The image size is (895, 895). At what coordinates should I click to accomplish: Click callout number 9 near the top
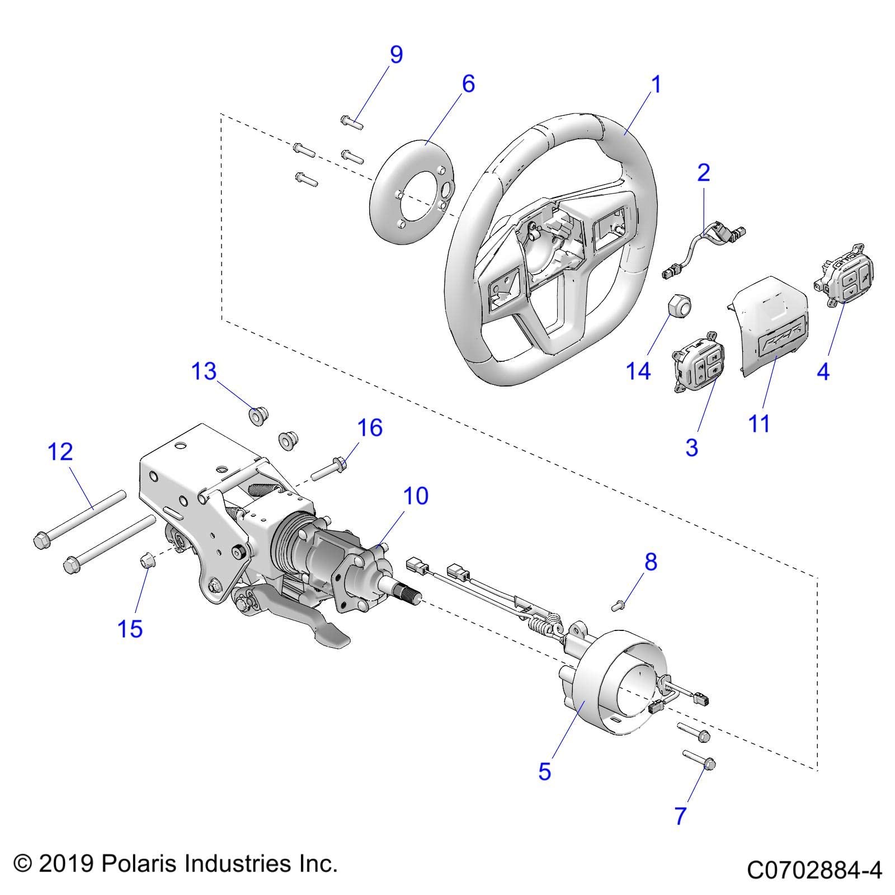395,55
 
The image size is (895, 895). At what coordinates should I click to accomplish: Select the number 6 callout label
468,84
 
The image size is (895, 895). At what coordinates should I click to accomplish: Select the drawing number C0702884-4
814,870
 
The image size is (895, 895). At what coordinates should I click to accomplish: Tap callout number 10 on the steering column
416,496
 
